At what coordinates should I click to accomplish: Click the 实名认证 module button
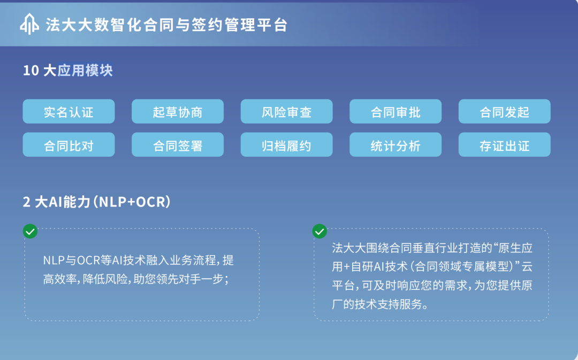(69, 111)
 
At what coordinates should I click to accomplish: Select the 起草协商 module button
(178, 111)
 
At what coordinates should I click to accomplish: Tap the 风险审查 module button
(286, 111)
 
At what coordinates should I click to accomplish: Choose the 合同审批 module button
(396, 111)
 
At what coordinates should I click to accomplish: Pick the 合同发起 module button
(505, 111)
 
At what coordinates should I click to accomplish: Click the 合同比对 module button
(69, 144)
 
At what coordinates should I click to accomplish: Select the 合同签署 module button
(178, 144)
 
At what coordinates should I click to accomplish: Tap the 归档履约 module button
(286, 144)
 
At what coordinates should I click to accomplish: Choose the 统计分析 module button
(396, 144)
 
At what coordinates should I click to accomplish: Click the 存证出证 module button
(505, 144)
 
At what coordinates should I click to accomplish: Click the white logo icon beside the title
(29, 24)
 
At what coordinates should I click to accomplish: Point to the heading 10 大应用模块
(68, 71)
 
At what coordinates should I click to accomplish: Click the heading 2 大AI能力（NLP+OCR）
(96, 202)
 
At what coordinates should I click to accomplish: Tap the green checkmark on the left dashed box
(30, 232)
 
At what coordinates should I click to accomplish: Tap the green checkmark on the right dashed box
(320, 232)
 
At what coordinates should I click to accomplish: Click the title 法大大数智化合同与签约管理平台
(166, 25)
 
